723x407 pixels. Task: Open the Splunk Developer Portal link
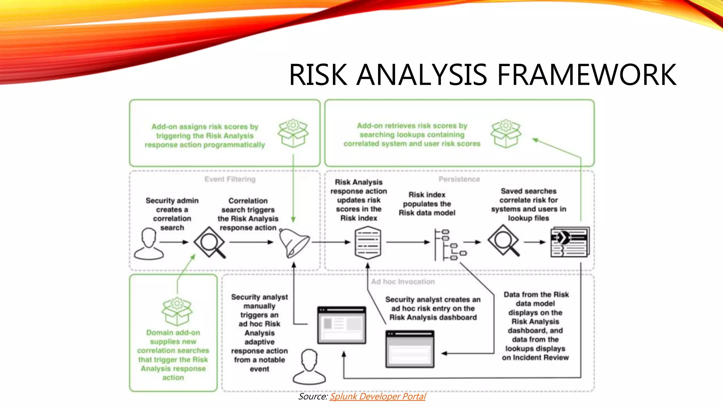point(377,396)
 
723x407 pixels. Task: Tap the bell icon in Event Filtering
point(293,243)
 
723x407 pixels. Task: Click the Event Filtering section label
point(230,179)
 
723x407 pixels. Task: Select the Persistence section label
point(459,179)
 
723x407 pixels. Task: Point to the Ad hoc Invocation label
point(403,282)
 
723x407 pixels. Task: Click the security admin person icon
point(149,244)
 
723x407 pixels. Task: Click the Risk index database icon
point(368,243)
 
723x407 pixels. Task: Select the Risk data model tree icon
point(449,244)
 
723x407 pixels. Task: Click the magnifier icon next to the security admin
point(210,242)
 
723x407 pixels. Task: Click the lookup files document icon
point(570,242)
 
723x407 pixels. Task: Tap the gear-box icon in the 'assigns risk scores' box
point(293,133)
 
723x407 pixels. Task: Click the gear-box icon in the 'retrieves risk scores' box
point(506,133)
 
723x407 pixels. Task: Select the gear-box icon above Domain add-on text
point(177,311)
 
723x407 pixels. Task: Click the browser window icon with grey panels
point(341,325)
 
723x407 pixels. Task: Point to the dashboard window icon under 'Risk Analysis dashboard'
point(410,349)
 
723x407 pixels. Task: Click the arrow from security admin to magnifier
point(174,242)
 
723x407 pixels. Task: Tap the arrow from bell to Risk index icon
point(330,242)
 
